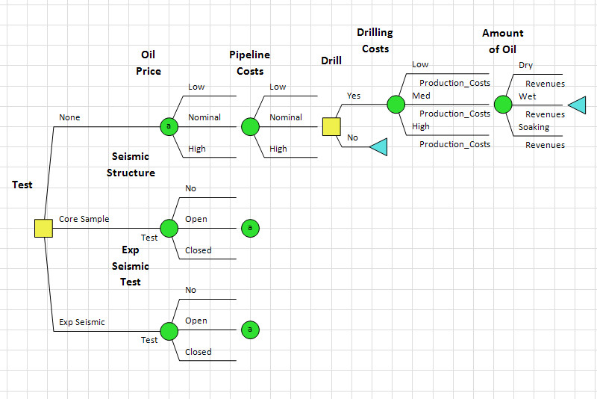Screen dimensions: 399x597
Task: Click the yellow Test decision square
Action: point(44,229)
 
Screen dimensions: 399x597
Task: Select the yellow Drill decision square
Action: point(331,126)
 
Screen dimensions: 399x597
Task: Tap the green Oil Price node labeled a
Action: point(169,126)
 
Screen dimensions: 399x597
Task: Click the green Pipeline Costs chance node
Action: point(250,126)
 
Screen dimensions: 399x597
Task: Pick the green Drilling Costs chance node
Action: point(396,105)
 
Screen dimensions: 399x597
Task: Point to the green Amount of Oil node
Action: point(502,105)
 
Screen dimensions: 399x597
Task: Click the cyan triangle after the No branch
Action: point(378,147)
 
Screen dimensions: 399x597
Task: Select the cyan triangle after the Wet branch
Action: point(576,105)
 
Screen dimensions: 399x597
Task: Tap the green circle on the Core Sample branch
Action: point(169,228)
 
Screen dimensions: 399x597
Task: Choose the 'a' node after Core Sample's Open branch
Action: point(250,228)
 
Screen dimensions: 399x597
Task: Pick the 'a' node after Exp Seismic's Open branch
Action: point(250,330)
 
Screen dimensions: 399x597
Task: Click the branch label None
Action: point(69,117)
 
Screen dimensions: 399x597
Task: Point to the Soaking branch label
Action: point(534,127)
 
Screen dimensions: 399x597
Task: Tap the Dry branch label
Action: point(525,66)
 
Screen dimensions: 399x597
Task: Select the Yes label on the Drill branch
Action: point(354,96)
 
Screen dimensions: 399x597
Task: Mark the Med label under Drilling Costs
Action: point(421,96)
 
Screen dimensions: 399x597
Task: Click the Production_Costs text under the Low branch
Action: point(454,83)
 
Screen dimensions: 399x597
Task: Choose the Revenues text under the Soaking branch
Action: point(545,145)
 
